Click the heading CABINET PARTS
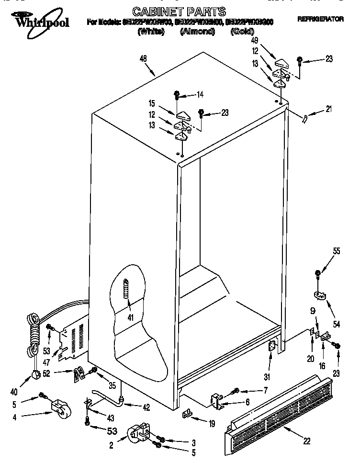tap(172, 11)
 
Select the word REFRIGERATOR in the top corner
tap(320, 19)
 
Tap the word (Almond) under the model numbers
tap(197, 32)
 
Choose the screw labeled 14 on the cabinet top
tap(177, 95)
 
